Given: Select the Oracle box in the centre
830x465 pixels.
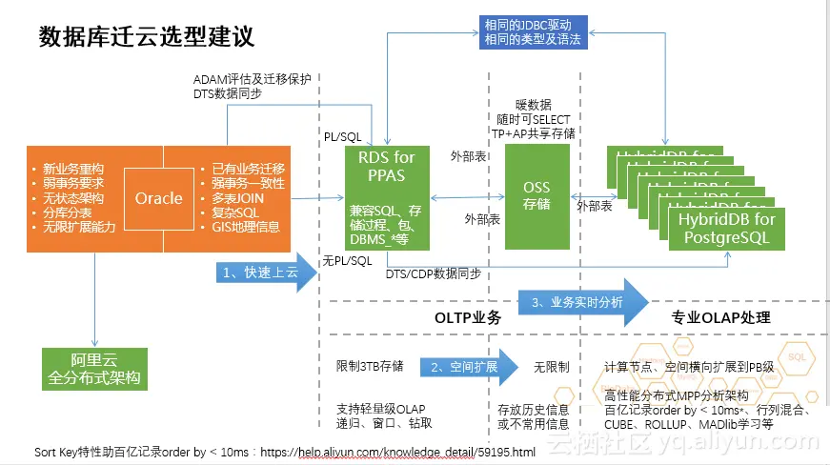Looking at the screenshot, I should pos(158,198).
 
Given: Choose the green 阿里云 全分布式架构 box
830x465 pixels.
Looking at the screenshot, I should pos(94,368).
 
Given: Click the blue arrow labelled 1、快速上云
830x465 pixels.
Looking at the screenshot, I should pos(261,273).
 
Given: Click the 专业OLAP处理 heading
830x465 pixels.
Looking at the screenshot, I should pos(720,317).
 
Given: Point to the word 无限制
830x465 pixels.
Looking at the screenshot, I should pos(551,366).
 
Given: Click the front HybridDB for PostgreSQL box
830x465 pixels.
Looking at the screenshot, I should pos(726,230).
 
